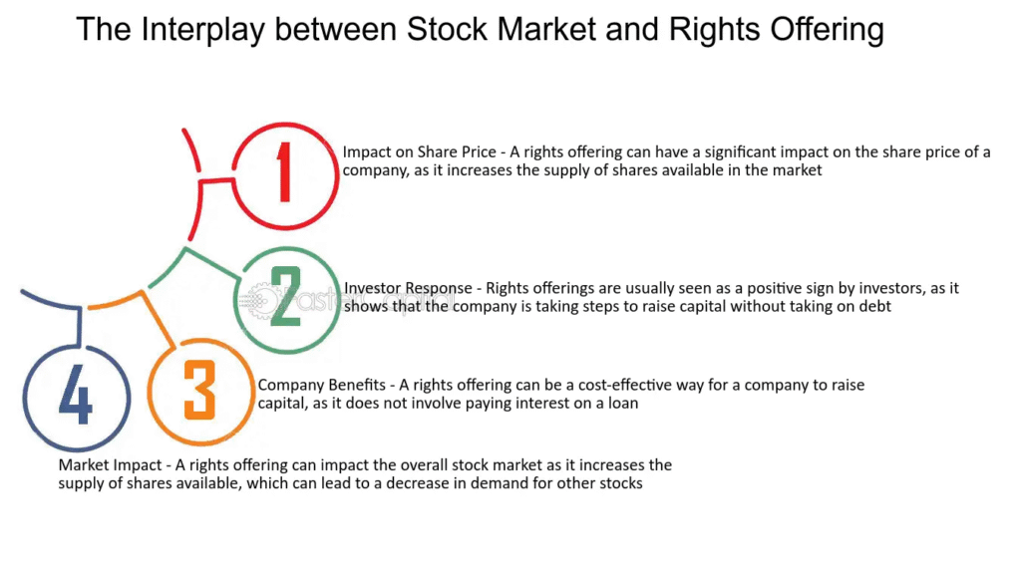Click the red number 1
pos(283,171)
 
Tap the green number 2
pos(286,297)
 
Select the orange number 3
pos(199,390)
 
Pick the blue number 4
pos(76,394)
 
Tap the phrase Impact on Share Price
pos(420,152)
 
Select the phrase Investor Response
pos(408,288)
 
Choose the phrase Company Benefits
pos(322,386)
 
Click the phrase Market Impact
pos(110,465)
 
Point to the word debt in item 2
pos(874,307)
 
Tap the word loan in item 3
pos(622,404)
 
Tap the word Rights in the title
pos(714,30)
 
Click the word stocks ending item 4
pos(621,483)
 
